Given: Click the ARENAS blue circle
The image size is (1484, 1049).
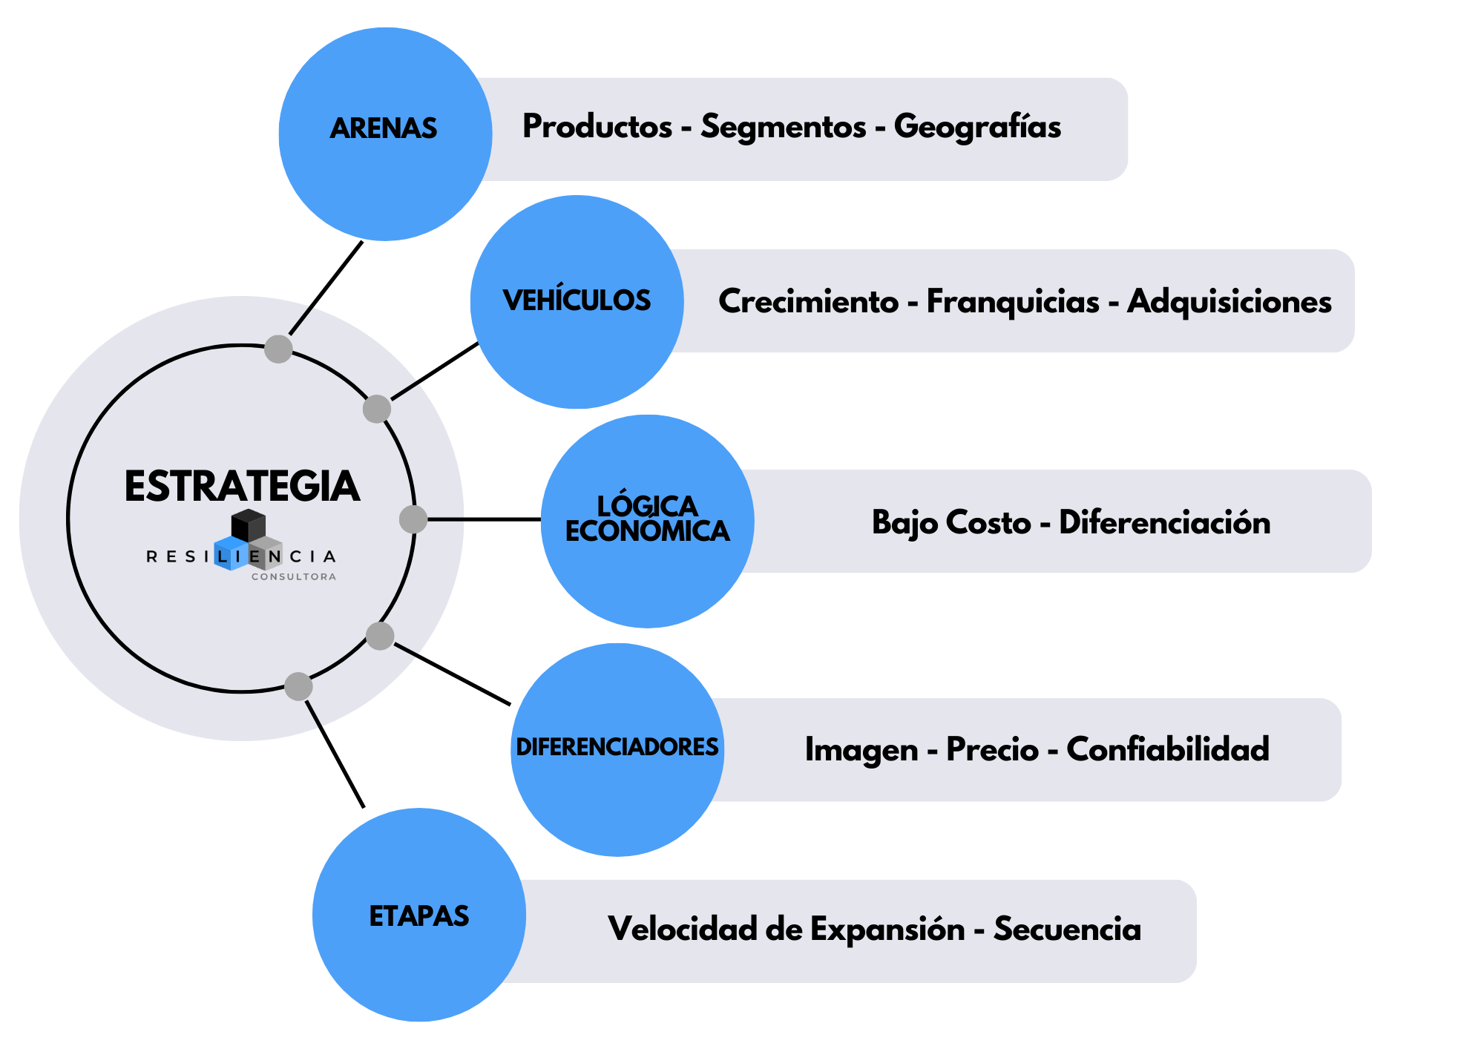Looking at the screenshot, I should [385, 134].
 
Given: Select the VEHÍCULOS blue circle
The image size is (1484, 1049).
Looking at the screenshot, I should [577, 302].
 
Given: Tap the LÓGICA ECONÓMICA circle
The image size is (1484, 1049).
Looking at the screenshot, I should [647, 521].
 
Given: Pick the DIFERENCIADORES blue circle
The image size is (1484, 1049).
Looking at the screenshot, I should [617, 749].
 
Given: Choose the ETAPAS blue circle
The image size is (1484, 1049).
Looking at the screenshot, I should [419, 915].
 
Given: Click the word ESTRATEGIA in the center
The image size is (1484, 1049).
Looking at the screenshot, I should [242, 487].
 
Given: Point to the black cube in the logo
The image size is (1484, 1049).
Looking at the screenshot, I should [248, 524].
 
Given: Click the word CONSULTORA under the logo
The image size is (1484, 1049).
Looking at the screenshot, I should [294, 576].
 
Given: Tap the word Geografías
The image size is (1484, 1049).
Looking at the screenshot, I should [977, 127].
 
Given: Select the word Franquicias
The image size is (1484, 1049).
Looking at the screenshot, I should [1013, 302].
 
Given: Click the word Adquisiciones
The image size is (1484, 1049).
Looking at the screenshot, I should [1229, 302].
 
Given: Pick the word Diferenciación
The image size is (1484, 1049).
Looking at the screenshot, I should [1164, 522].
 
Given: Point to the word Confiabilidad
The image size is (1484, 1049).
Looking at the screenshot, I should [1167, 749].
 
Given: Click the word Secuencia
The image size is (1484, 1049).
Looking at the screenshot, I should [1067, 929].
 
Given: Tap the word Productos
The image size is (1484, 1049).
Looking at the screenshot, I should [597, 127].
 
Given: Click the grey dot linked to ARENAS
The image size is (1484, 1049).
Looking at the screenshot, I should [278, 349].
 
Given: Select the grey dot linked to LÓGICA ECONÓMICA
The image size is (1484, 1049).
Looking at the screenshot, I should [413, 519].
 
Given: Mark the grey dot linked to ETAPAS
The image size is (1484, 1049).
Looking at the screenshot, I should [298, 686].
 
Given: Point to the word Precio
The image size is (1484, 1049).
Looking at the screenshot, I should [992, 749].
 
